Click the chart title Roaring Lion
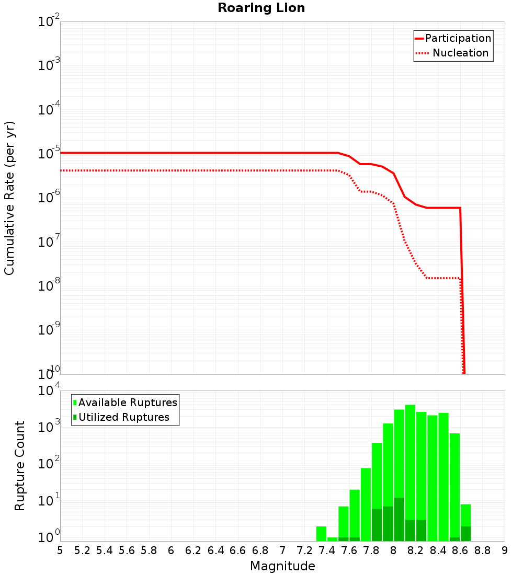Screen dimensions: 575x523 coord(261,8)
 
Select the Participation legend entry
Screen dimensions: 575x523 coord(458,38)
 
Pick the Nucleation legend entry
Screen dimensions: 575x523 coord(460,53)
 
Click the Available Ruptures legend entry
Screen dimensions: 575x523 coord(128,402)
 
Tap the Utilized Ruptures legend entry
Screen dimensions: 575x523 coord(123,417)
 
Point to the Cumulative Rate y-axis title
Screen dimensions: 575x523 coord(9,198)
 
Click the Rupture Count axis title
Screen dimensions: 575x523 coord(20,465)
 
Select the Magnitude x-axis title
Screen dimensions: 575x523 coord(282,566)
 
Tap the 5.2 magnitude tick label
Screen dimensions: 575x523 coord(82,550)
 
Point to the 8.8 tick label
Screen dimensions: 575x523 coord(482,550)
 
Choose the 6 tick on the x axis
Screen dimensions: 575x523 coord(171,550)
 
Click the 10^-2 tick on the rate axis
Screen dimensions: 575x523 coord(49,22)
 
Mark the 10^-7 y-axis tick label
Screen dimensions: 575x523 coord(49,243)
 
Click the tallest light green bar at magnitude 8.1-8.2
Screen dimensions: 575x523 coord(410,470)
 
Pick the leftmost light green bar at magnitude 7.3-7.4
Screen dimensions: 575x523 coord(321,534)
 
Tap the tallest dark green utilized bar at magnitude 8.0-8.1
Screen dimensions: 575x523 coord(399,520)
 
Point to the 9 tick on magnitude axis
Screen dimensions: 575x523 coord(505,550)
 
